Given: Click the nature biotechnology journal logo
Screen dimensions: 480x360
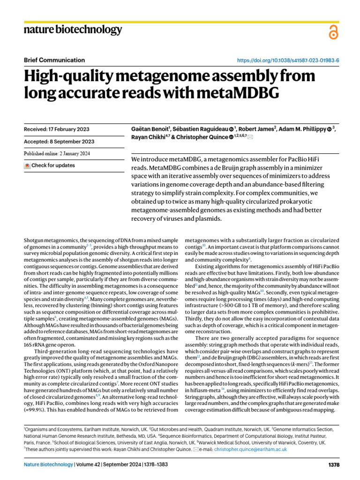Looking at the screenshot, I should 73,30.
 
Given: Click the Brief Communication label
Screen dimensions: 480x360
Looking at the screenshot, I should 54,60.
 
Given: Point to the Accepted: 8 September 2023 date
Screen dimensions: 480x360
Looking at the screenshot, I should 59,142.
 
